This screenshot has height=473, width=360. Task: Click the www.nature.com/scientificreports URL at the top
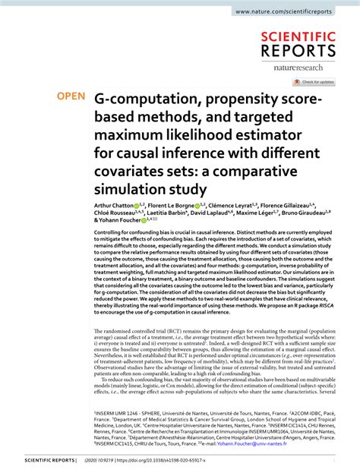[295, 12]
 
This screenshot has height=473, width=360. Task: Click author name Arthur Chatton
[113, 206]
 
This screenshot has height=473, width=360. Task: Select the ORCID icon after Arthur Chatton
[137, 206]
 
